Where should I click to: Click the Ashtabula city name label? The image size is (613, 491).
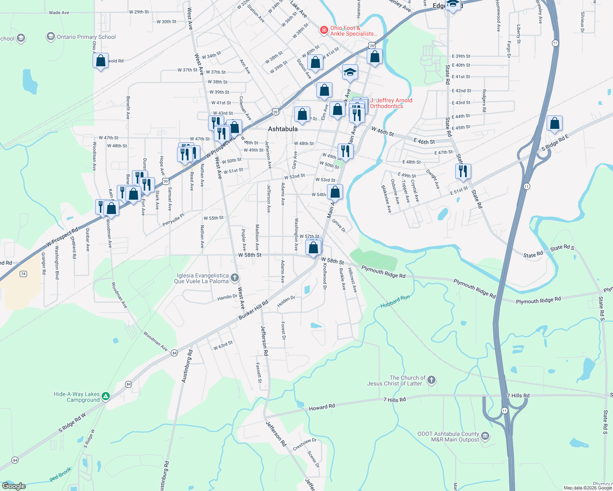(283, 129)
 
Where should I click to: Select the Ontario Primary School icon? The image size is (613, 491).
(51, 37)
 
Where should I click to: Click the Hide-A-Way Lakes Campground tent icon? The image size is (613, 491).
(106, 396)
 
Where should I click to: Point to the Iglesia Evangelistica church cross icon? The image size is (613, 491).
(235, 278)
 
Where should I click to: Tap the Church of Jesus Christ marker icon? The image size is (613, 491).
(431, 381)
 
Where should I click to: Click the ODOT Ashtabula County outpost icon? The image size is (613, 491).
(485, 436)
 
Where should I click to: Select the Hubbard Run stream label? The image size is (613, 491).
(395, 302)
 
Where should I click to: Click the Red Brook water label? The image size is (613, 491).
(60, 475)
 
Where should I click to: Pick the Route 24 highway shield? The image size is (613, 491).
(23, 274)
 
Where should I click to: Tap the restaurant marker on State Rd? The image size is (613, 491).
(463, 171)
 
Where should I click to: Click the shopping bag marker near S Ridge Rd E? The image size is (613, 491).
(554, 123)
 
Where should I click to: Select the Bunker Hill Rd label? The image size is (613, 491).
(253, 310)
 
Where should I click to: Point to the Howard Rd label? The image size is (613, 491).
(322, 407)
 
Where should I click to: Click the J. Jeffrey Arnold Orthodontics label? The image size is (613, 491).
(391, 103)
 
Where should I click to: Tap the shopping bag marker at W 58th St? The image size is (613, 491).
(313, 248)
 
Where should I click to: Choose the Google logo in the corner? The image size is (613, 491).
(14, 486)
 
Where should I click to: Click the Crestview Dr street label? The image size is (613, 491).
(304, 444)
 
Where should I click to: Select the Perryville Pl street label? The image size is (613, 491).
(173, 220)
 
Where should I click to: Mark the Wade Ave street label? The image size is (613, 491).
(59, 13)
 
